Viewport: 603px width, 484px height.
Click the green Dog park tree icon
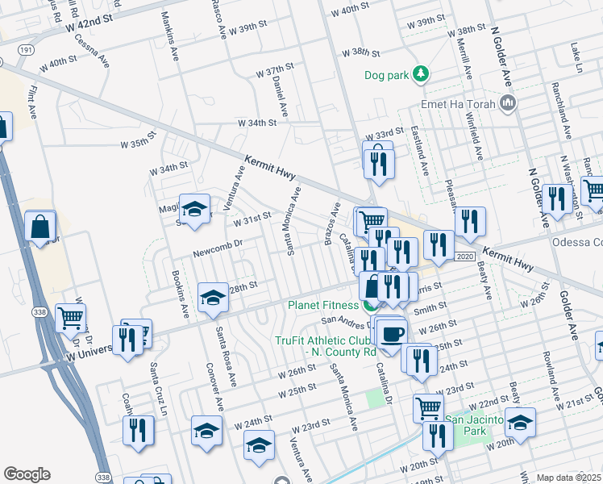coord(420,75)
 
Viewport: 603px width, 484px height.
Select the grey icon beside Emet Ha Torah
coord(508,102)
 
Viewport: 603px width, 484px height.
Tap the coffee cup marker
coord(393,334)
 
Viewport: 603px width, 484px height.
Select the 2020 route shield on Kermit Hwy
coord(463,256)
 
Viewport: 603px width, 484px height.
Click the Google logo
coord(27,474)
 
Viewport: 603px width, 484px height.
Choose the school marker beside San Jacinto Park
coord(520,425)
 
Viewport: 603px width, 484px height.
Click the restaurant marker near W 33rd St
coord(377,164)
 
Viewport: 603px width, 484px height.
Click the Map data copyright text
coord(569,478)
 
